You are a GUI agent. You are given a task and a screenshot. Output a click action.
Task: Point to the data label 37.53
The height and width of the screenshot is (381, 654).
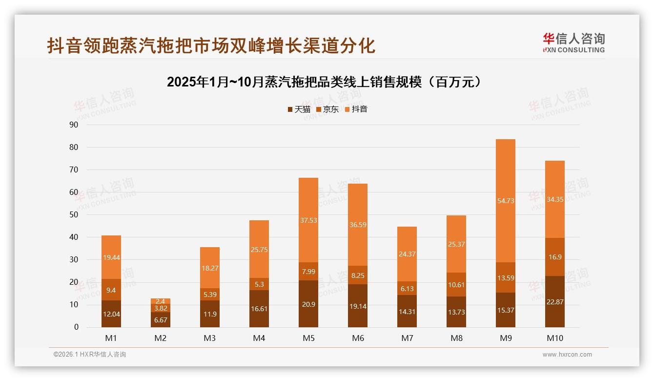click(308, 220)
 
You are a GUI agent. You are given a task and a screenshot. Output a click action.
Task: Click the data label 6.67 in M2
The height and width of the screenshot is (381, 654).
click(161, 320)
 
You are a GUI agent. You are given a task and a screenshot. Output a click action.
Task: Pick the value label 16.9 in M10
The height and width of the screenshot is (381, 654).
click(554, 257)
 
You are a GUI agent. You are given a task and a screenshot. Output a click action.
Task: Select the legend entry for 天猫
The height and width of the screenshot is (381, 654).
click(299, 109)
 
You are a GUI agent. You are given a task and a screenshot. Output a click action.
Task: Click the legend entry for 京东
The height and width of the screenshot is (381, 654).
click(327, 109)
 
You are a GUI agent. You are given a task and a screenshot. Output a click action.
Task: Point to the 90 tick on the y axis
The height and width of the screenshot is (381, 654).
click(74, 125)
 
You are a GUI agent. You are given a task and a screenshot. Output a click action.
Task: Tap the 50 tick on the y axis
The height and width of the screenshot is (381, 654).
click(74, 214)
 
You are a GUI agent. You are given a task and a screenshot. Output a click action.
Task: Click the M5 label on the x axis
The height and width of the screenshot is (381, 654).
click(308, 338)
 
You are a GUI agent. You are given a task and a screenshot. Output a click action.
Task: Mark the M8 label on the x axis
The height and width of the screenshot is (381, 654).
click(456, 338)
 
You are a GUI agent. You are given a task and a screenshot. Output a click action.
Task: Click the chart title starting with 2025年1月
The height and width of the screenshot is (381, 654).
click(327, 82)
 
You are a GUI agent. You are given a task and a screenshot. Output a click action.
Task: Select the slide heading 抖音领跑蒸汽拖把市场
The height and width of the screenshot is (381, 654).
click(211, 45)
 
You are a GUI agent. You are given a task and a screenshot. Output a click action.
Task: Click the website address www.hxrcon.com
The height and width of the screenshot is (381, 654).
click(567, 355)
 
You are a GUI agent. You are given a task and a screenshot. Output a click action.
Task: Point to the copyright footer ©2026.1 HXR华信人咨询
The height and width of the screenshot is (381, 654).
click(90, 355)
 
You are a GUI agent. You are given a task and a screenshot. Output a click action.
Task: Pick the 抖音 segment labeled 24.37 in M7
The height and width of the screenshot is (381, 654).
click(407, 254)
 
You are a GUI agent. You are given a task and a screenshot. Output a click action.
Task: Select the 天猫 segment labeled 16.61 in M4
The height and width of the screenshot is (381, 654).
click(259, 309)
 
